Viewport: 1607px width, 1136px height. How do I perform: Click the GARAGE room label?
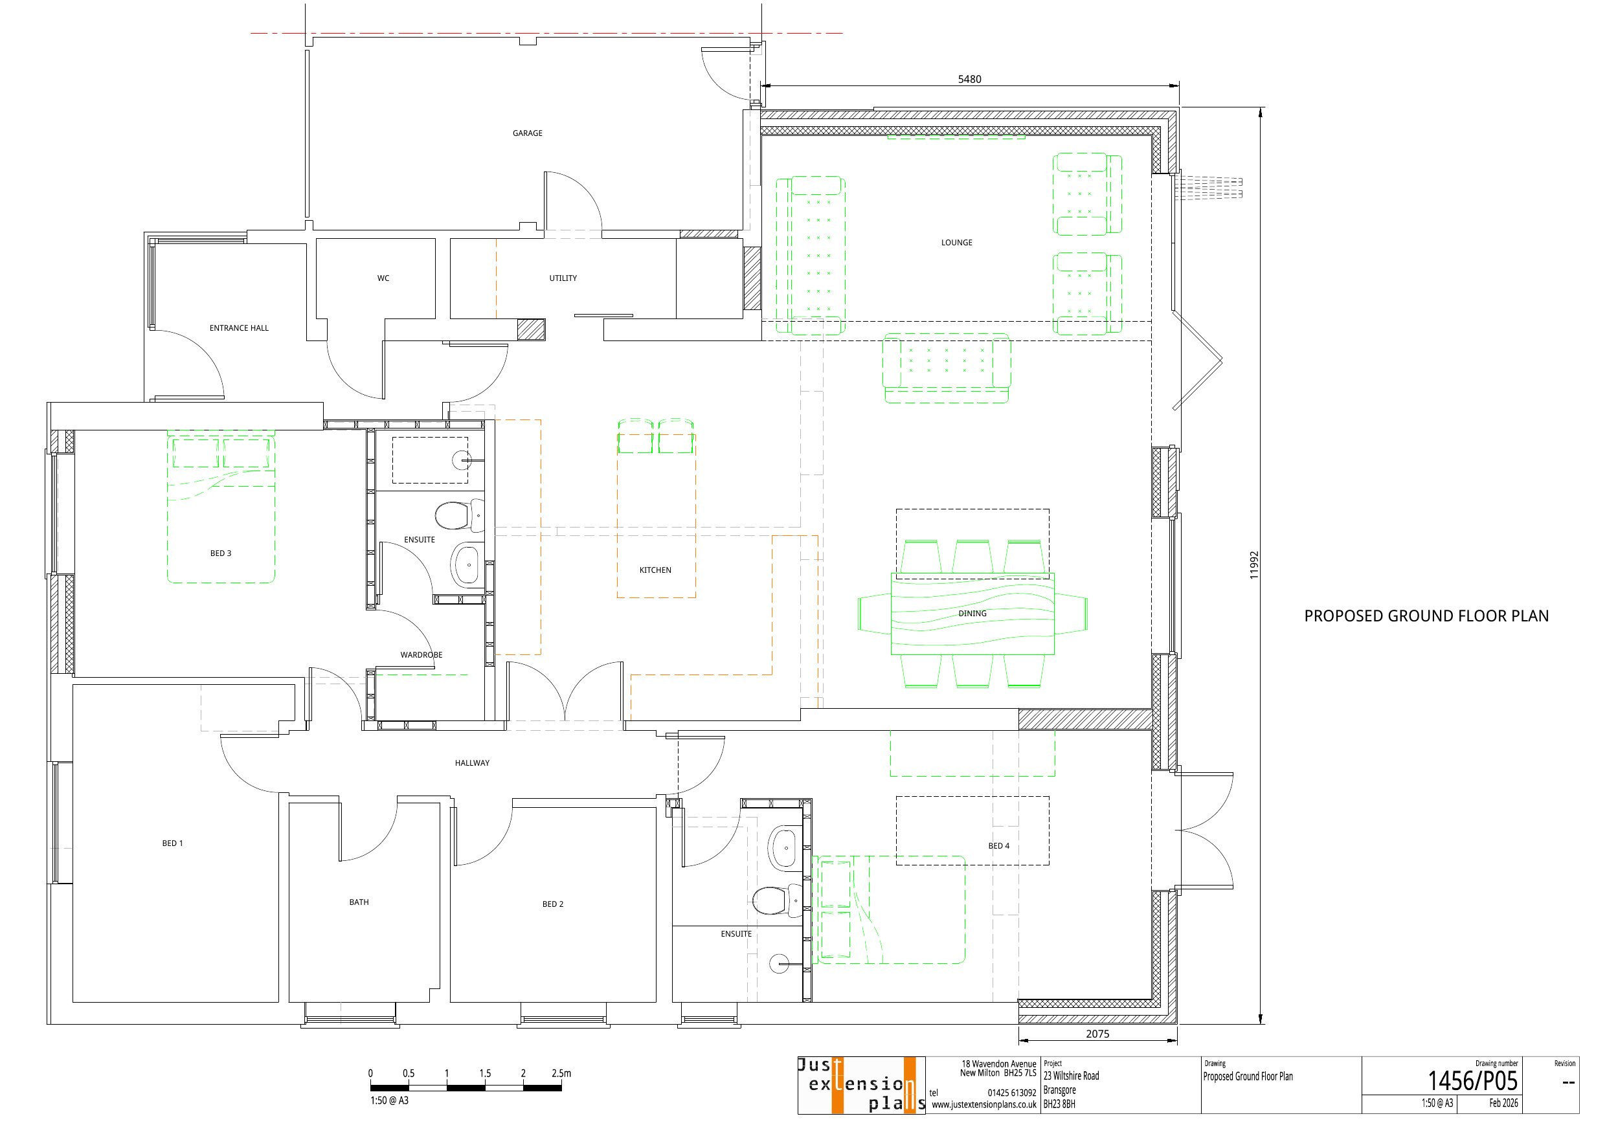point(527,133)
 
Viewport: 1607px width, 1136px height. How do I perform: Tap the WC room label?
point(383,278)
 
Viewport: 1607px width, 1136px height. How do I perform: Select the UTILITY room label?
point(563,278)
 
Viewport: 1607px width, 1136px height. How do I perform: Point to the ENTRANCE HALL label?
point(239,328)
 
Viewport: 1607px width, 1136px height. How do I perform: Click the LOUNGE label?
point(956,242)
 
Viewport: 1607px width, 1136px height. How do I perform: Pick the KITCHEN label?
point(655,570)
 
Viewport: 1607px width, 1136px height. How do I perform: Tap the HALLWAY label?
point(472,763)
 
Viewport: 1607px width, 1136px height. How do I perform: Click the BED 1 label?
point(172,843)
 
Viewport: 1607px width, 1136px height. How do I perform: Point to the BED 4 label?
point(998,845)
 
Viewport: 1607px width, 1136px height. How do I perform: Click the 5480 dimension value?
point(969,79)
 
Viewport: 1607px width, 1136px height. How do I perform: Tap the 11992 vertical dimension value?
point(1253,565)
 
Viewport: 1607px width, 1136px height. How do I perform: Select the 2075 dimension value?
point(1097,1034)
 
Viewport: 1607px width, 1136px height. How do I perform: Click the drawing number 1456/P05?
point(1472,1081)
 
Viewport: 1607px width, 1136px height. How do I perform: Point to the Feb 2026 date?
point(1503,1103)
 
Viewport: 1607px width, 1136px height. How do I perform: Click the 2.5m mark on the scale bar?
point(561,1073)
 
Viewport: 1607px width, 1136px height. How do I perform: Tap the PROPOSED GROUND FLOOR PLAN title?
point(1426,616)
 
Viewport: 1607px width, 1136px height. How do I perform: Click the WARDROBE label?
point(421,654)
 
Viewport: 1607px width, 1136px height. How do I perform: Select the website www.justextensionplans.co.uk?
point(983,1104)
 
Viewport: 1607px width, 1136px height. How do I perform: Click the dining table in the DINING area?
point(972,614)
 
